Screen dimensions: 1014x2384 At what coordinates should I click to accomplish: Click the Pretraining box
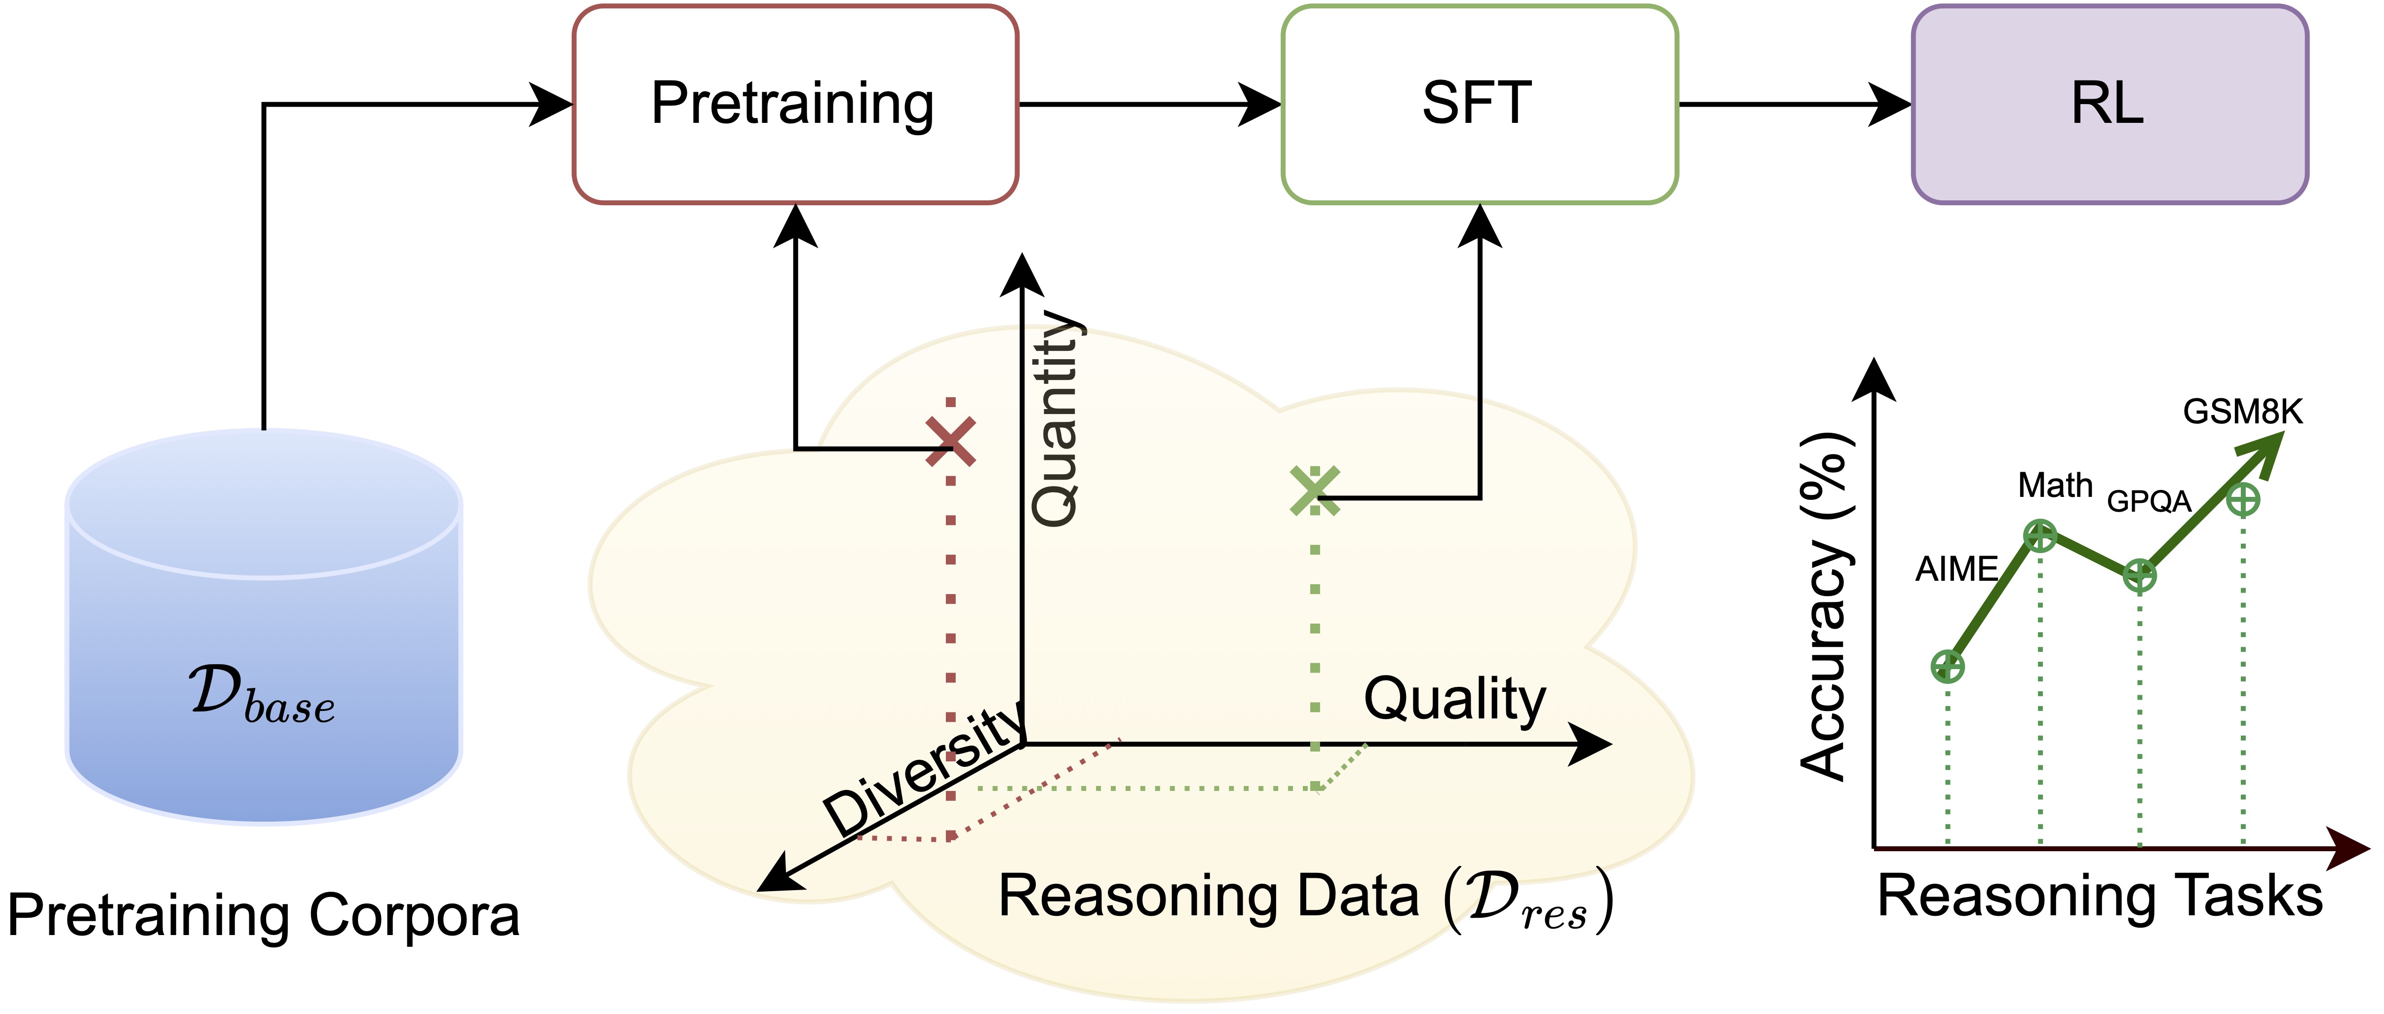click(794, 104)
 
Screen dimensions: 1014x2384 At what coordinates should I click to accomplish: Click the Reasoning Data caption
click(1305, 898)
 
